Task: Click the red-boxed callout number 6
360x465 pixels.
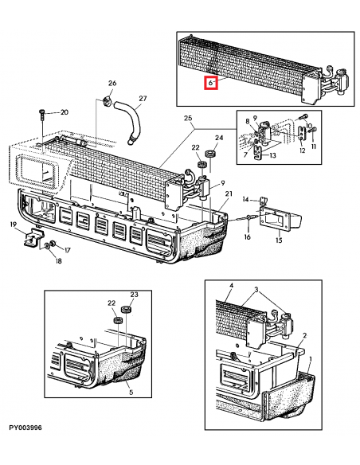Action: (x=211, y=82)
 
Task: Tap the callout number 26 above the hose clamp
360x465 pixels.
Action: (x=112, y=84)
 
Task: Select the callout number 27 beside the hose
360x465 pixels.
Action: (x=143, y=100)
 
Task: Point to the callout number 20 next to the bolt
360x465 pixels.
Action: (x=65, y=112)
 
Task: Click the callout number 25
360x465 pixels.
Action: (x=189, y=119)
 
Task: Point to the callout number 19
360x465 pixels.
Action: (x=14, y=226)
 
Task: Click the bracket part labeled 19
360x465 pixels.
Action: (x=32, y=236)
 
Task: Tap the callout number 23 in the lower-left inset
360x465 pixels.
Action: (x=135, y=295)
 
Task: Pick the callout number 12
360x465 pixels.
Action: (x=302, y=150)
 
